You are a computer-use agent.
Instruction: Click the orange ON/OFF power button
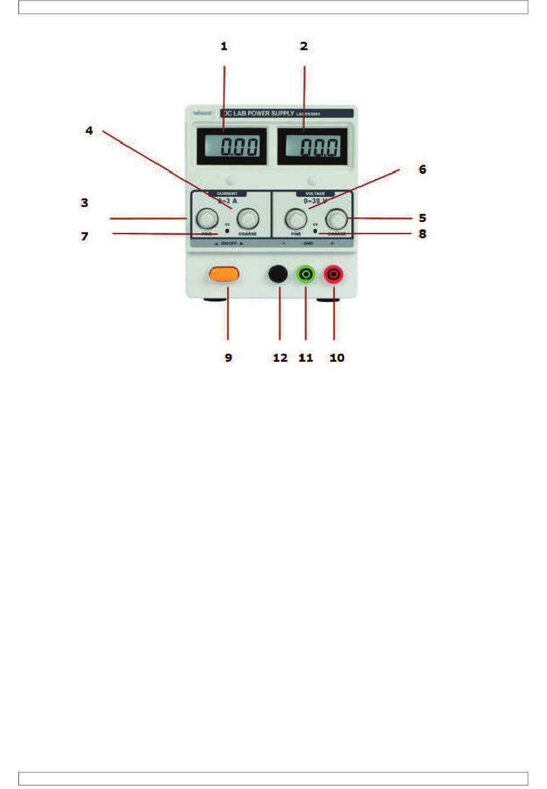tap(224, 275)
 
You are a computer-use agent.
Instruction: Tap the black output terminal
tap(278, 274)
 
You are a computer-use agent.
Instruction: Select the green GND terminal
tap(306, 274)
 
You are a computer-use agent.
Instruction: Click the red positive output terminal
tap(333, 274)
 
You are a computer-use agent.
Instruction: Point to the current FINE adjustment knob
tap(206, 219)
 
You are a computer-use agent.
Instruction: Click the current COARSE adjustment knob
tap(248, 219)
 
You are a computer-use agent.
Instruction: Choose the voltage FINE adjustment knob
tap(296, 219)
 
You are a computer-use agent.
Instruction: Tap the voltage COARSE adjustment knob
tap(337, 219)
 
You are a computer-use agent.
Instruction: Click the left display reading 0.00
tap(232, 147)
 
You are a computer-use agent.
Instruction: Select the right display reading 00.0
tap(312, 147)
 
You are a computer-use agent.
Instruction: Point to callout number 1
tap(224, 46)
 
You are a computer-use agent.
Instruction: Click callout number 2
tap(304, 46)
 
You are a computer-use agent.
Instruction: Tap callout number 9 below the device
tap(229, 358)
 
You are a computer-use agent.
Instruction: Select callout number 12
tap(280, 358)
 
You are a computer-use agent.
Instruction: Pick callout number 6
tap(422, 169)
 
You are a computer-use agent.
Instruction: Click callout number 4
tap(89, 131)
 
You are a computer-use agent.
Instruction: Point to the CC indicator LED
tap(227, 231)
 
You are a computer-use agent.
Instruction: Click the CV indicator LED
tap(315, 231)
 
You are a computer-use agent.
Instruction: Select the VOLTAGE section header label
tap(315, 194)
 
